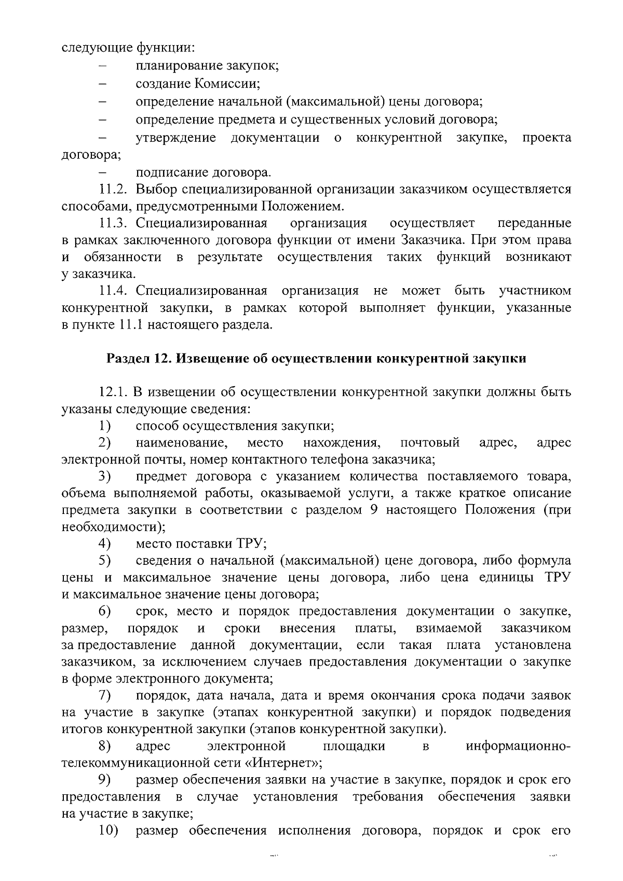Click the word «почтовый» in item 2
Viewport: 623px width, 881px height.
(430, 443)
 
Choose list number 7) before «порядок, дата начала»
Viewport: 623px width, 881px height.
(105, 695)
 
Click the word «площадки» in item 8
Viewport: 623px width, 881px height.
(354, 746)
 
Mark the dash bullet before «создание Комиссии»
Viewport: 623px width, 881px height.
(102, 84)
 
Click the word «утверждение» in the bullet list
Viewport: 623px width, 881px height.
(176, 138)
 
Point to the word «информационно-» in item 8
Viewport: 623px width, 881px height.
(519, 746)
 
